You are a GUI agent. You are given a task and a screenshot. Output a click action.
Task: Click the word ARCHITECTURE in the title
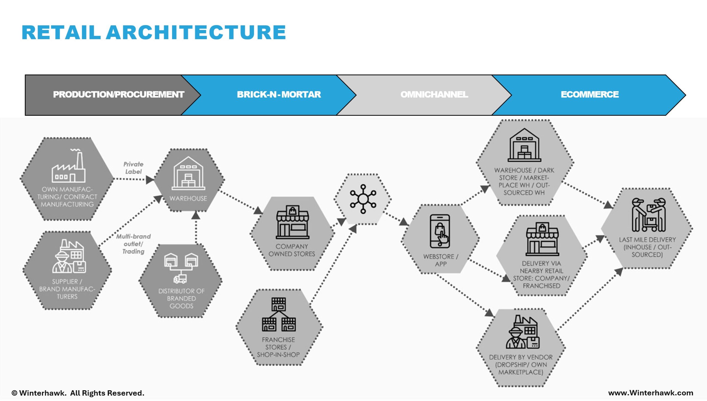[x=196, y=33]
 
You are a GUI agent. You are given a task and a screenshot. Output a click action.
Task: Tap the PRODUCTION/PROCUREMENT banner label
[x=118, y=94]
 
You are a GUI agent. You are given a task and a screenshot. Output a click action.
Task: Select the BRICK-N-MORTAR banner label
[x=279, y=94]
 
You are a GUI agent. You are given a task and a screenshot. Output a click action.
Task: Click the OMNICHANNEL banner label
[x=434, y=94]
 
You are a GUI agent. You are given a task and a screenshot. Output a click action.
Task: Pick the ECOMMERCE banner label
[x=590, y=94]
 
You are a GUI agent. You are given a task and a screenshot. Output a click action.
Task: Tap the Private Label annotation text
[x=133, y=168]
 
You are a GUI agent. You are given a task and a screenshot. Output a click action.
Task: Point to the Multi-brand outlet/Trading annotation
[x=133, y=244]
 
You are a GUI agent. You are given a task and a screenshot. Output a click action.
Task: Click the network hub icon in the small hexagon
[x=363, y=199]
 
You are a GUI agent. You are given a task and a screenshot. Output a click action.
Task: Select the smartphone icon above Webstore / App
[x=440, y=231]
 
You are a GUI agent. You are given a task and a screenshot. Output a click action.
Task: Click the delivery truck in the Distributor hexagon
[x=180, y=279]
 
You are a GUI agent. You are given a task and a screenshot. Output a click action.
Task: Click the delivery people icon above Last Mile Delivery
[x=649, y=215]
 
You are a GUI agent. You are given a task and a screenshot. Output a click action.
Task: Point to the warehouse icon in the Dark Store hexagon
[x=524, y=145]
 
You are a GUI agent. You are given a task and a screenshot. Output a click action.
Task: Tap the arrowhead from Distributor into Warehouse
[x=196, y=215]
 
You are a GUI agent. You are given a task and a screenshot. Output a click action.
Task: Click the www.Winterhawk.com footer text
[x=651, y=393]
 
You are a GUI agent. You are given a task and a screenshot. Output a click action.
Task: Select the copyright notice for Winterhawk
[x=78, y=393]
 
